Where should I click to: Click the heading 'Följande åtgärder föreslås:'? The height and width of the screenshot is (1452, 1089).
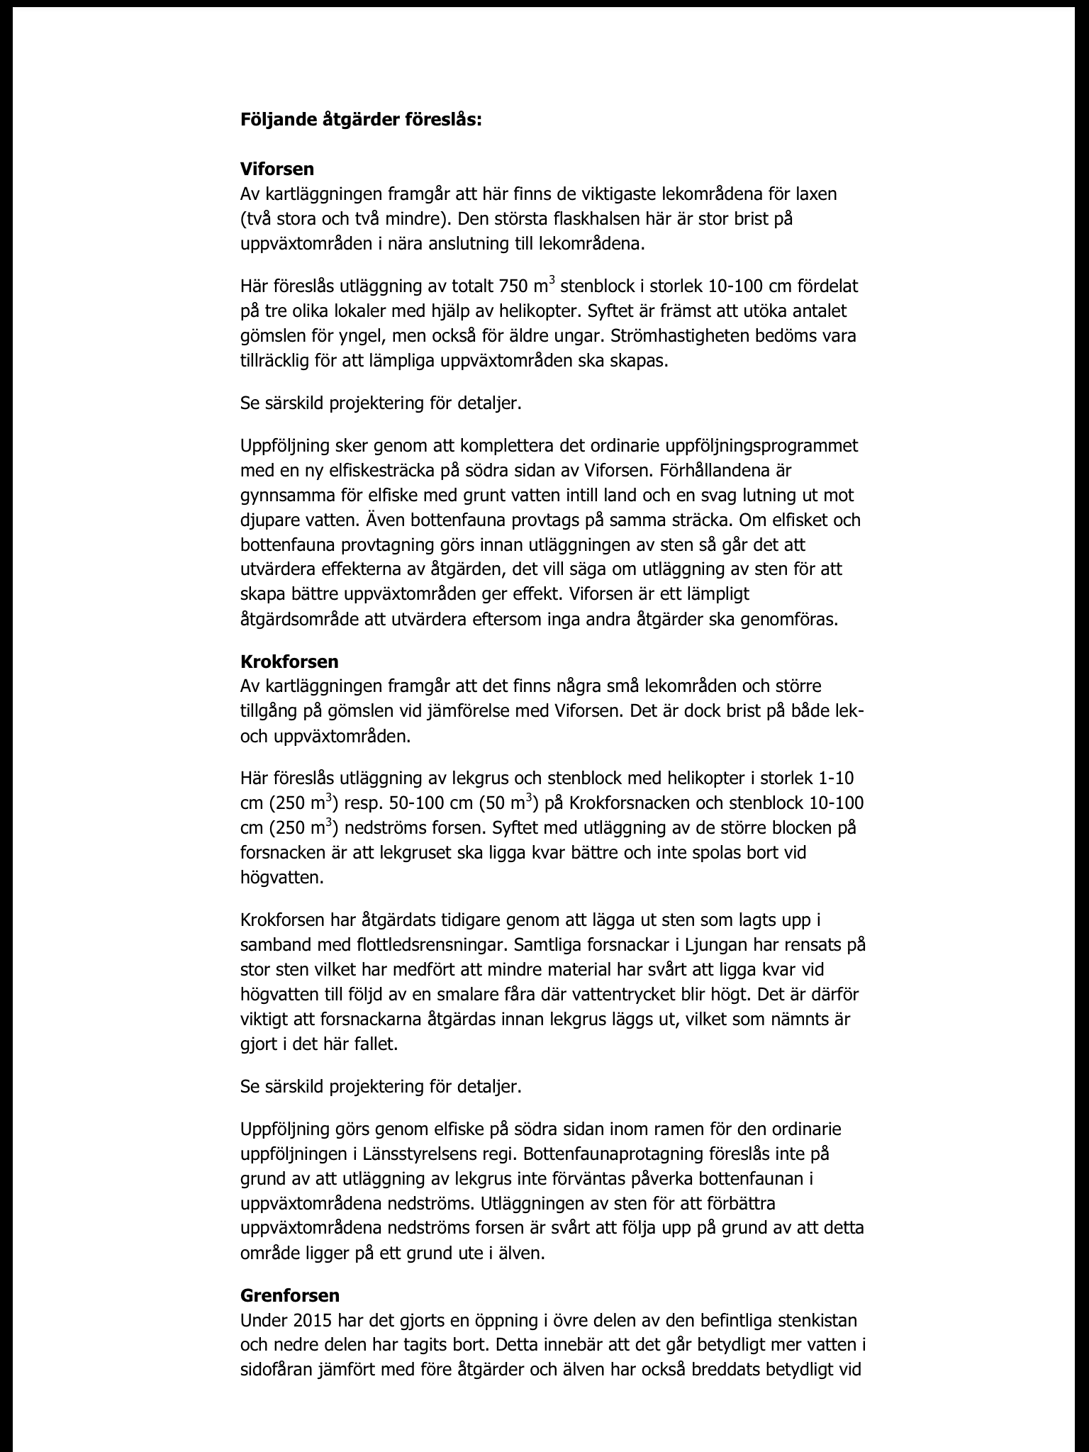tap(361, 120)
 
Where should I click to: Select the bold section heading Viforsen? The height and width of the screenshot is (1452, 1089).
tap(277, 169)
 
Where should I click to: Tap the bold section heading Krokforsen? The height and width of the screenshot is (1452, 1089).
tap(289, 661)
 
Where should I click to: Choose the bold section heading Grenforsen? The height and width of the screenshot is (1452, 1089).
tap(290, 1295)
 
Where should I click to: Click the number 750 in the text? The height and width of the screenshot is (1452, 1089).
tap(514, 286)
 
